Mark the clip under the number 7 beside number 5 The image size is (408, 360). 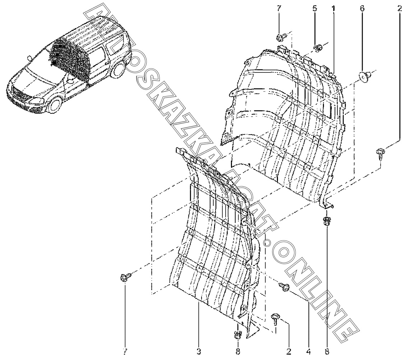280,37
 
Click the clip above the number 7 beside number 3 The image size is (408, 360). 125,277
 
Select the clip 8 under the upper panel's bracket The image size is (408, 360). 327,220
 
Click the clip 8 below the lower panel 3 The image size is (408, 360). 237,335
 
